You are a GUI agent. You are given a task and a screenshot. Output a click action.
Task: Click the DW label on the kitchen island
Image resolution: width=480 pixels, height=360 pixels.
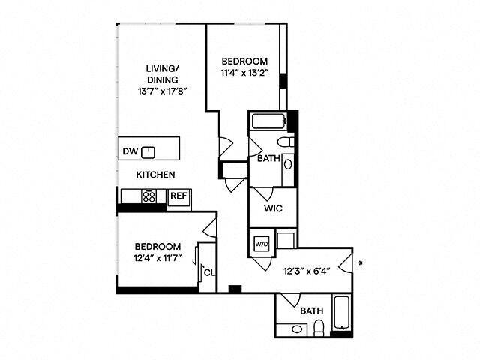coord(130,151)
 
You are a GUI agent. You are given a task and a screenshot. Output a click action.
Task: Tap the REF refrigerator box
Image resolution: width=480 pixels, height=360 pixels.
coord(178,196)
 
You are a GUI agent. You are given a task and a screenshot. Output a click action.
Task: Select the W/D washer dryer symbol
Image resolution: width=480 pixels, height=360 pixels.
coord(261,244)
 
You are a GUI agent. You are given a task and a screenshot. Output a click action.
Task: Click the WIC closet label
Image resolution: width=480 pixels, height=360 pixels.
coord(271,211)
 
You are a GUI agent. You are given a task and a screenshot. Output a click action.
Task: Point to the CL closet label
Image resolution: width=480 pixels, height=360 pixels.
coord(209,272)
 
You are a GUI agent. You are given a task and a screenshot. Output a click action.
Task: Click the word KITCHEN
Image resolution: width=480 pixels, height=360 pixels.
coord(155,175)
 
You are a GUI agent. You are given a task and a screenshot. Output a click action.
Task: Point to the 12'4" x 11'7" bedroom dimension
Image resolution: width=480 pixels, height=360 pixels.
coord(157,259)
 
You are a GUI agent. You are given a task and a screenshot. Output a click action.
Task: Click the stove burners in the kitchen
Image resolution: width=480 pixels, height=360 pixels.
coord(148,197)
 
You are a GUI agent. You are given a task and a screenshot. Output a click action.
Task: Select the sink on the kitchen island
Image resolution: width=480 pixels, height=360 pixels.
coord(148,152)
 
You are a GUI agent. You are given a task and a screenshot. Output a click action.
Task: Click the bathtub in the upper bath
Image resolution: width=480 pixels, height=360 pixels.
coord(268,121)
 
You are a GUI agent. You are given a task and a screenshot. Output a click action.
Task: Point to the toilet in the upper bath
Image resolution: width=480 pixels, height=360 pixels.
coord(284,142)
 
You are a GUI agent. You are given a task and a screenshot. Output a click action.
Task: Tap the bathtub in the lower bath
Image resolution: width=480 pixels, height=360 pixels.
coord(342,314)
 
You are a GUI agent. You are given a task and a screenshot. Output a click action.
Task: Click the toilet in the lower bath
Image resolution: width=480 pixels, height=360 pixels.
coord(318,328)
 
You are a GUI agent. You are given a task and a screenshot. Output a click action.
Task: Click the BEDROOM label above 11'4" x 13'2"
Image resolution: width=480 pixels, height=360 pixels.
coord(244,61)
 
